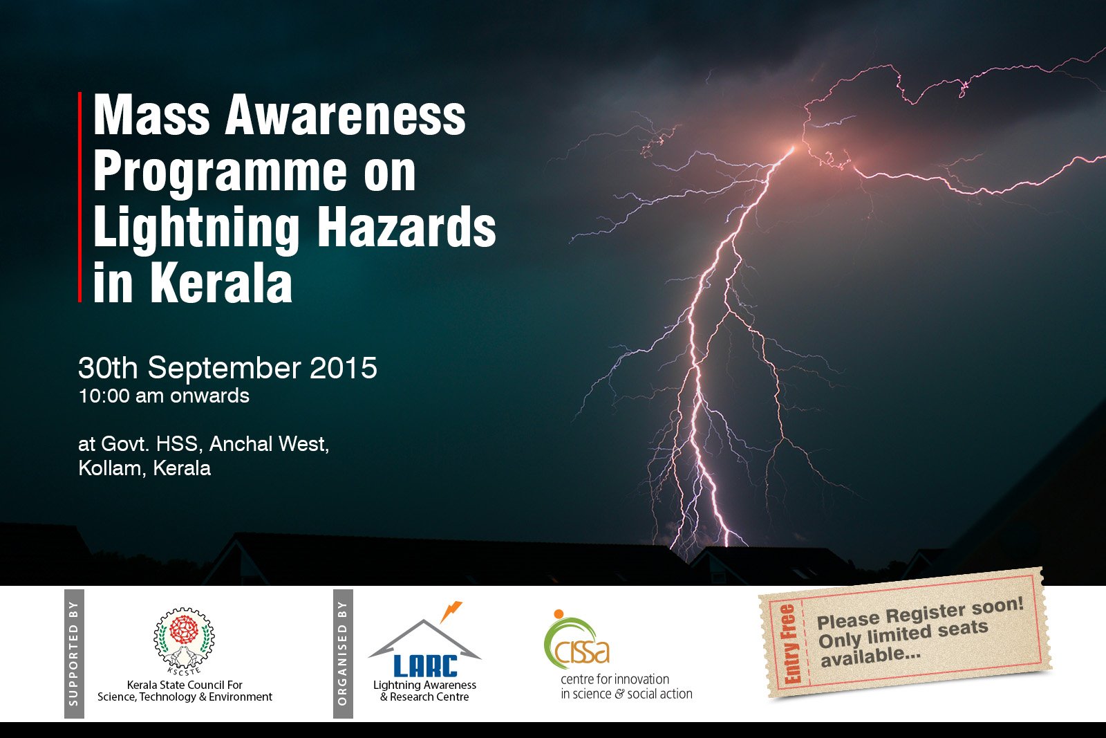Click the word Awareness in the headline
345,115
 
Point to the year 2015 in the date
343,368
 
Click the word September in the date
224,369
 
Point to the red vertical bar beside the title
79,196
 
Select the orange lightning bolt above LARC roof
450,611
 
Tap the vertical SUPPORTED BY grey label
74,654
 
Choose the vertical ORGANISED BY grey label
343,654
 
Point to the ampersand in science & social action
619,694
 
